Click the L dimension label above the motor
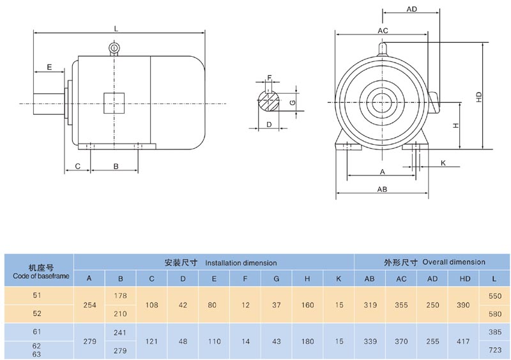(x=115, y=29)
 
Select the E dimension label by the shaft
(x=49, y=66)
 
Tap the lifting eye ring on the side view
(x=114, y=48)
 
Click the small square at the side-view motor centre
(x=114, y=103)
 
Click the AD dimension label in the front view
(x=412, y=10)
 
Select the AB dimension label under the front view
(x=382, y=190)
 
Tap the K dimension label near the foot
(x=443, y=163)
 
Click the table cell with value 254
(x=89, y=305)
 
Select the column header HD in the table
(x=464, y=278)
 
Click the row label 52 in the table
(x=37, y=314)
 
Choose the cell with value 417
(x=464, y=341)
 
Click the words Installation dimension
(x=241, y=262)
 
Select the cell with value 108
(x=151, y=305)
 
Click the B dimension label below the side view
(x=116, y=166)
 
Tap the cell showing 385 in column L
(x=495, y=332)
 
